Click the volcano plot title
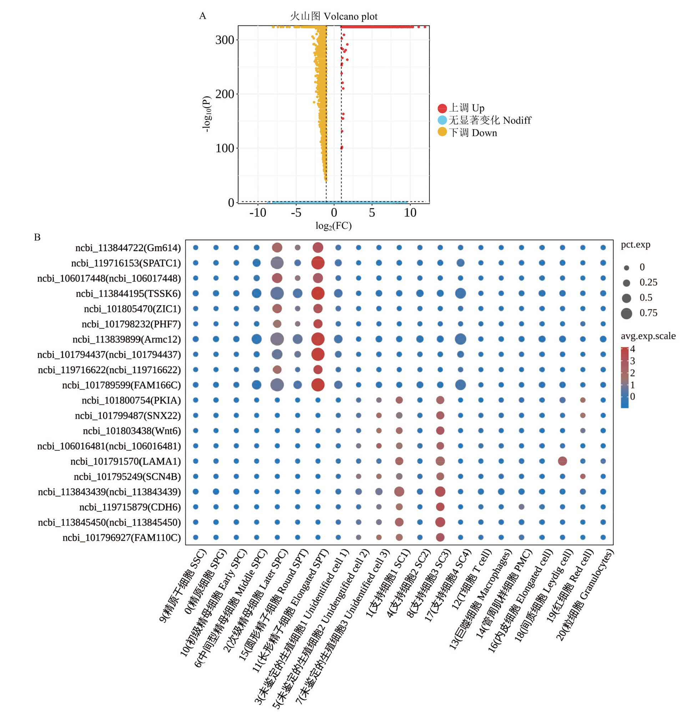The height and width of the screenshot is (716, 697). click(x=333, y=16)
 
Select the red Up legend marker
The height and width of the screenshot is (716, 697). click(x=442, y=108)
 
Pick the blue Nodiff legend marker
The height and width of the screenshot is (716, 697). click(x=442, y=120)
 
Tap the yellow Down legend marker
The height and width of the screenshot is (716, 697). click(x=442, y=132)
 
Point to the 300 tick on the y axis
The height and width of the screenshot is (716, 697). click(x=224, y=40)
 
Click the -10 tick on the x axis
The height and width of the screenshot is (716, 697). click(x=258, y=213)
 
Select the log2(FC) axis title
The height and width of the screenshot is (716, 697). click(x=333, y=226)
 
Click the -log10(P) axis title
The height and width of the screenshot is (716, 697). click(x=207, y=114)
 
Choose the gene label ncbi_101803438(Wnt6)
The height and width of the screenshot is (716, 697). click(x=132, y=431)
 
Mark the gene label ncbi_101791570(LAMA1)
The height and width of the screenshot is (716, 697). click(x=126, y=461)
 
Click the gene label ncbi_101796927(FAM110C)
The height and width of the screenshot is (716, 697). click(x=122, y=538)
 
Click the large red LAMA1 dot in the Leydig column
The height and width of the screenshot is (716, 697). click(x=562, y=461)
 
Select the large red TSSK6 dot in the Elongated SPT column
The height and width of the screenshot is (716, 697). click(x=318, y=293)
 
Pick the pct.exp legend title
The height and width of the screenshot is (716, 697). click(x=636, y=245)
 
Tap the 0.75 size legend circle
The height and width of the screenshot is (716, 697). click(x=627, y=314)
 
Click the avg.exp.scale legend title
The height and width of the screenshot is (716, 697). click(x=648, y=336)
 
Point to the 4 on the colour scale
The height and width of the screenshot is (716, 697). click(x=632, y=349)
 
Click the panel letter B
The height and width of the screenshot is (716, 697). click(x=37, y=237)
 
